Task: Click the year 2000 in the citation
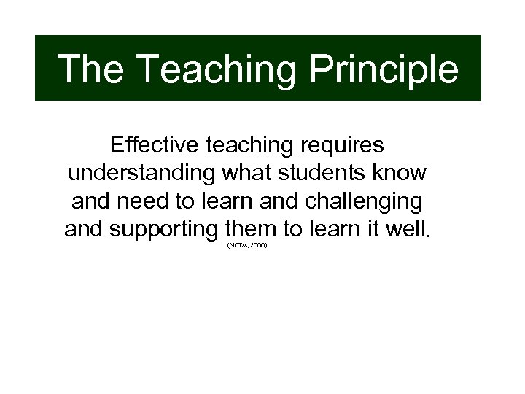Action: coord(258,247)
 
